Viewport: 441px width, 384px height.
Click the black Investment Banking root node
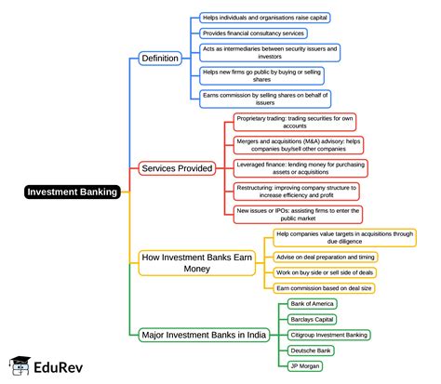pyautogui.click(x=73, y=192)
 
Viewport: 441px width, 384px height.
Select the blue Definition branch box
pyautogui.click(x=159, y=59)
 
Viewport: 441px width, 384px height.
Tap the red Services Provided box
pyautogui.click(x=177, y=168)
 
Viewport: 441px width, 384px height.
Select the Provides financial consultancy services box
pyautogui.click(x=253, y=33)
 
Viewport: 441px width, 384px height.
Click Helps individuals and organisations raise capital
pyautogui.click(x=266, y=17)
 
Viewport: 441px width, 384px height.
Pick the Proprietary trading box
pyautogui.click(x=295, y=123)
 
